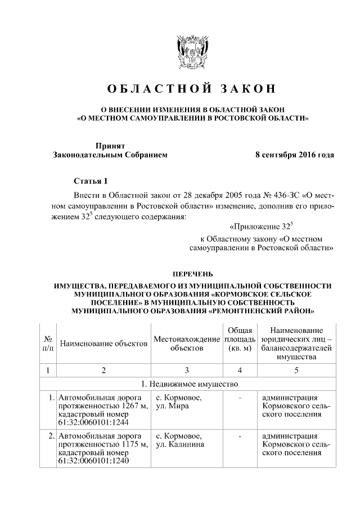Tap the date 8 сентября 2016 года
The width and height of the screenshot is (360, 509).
tap(295, 155)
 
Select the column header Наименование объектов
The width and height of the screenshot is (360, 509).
tap(103, 343)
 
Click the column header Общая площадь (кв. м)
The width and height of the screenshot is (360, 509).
tap(240, 339)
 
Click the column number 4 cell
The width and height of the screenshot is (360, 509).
tap(240, 370)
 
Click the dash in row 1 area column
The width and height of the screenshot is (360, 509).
tap(240, 399)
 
